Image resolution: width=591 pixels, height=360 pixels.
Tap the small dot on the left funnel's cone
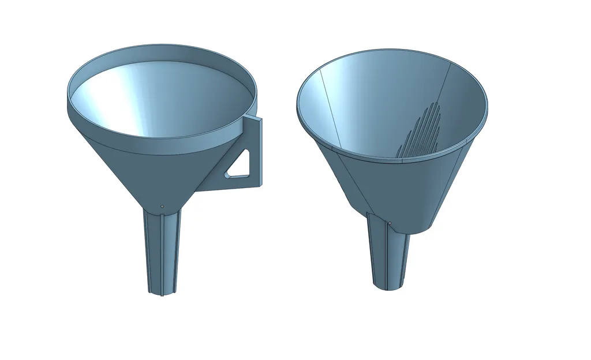[162, 206]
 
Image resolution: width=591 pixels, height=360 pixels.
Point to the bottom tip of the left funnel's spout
[161, 293]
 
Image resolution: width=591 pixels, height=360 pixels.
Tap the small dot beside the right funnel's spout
[390, 222]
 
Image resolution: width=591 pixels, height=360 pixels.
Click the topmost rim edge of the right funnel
[392, 50]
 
